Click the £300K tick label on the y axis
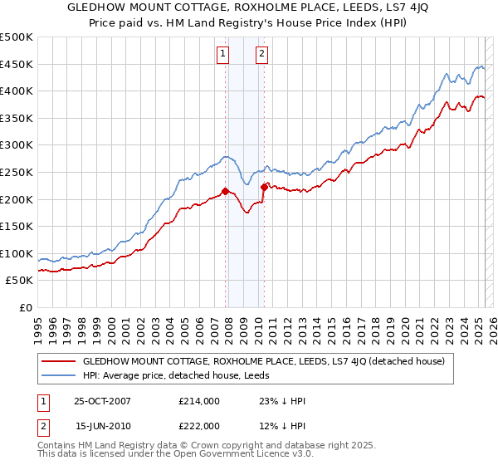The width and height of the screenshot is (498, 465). tap(17, 145)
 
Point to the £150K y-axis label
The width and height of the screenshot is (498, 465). tap(17, 226)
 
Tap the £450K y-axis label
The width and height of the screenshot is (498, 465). tap(17, 64)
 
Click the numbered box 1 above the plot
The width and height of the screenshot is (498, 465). tap(223, 55)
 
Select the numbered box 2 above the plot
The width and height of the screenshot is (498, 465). tap(261, 55)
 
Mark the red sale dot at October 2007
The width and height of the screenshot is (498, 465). tap(225, 191)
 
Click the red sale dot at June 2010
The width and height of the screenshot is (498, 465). tap(264, 187)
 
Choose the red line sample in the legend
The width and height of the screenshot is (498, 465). tap(59, 361)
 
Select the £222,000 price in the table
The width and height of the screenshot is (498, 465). tap(198, 425)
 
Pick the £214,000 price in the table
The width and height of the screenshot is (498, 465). tap(198, 402)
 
